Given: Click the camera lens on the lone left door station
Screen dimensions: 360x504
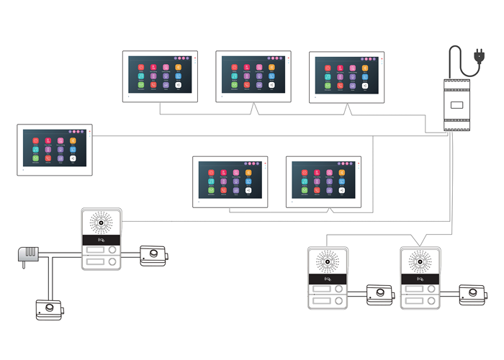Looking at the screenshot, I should [102, 222].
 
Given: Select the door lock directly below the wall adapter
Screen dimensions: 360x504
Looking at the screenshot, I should [49, 310].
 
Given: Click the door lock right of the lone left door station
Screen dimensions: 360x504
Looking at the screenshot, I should [154, 255].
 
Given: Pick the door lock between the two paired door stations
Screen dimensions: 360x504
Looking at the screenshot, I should [379, 294].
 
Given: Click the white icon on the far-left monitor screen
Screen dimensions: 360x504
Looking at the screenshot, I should [73, 158].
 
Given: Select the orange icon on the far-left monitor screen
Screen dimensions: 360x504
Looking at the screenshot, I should [73, 141].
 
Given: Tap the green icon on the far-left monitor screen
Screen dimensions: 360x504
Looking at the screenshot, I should [36, 158].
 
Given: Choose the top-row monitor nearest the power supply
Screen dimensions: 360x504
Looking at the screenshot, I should [346, 76].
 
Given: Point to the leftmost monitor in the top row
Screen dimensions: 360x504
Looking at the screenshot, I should [160, 76].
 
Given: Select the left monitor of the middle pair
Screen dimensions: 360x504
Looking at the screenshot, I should [230, 181].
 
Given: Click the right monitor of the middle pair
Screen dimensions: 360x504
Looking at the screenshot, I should [323, 181].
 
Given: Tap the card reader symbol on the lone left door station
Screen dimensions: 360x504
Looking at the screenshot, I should [92, 240].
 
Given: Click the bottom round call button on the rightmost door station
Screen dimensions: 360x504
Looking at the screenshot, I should [431, 300].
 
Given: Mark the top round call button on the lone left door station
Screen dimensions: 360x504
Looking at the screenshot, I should [113, 251].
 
